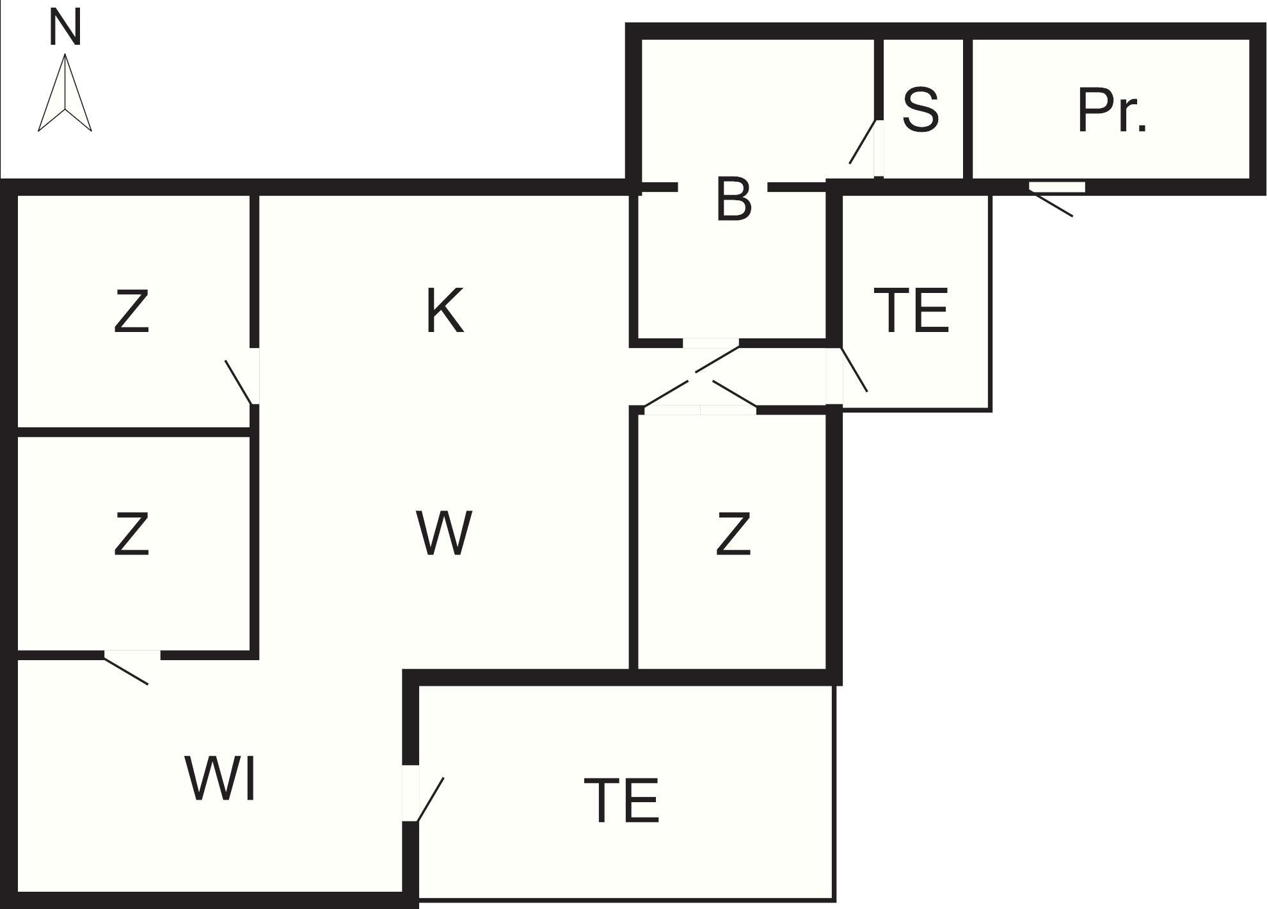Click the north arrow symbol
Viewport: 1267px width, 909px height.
[65, 93]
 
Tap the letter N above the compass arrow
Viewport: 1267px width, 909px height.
[65, 29]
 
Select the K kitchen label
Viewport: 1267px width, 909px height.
[444, 311]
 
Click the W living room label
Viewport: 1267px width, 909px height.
[444, 532]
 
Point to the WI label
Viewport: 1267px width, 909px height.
[221, 778]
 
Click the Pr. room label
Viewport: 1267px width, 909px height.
[1112, 111]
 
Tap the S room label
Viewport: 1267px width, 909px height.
[920, 110]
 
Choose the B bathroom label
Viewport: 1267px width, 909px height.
[733, 200]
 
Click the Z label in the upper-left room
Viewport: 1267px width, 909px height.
[131, 312]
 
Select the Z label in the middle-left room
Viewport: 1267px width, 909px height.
[131, 533]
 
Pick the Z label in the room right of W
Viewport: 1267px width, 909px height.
[733, 533]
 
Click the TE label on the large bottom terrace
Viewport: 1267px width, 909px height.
[621, 800]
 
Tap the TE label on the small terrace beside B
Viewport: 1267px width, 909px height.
[911, 310]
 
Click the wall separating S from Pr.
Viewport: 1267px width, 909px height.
[968, 109]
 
